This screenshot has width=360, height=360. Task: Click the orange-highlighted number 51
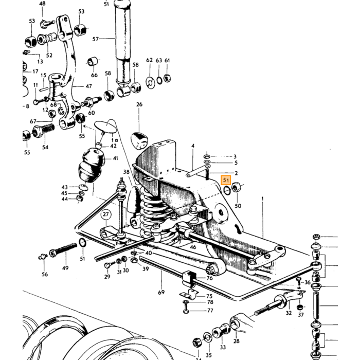point(226,180)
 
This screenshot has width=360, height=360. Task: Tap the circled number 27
point(105,214)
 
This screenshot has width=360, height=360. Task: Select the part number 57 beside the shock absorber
point(96,39)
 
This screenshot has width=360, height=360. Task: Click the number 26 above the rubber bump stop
point(139,104)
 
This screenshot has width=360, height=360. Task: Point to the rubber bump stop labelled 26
point(139,140)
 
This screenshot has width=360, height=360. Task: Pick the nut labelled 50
point(236,187)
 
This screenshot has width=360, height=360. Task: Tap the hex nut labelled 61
point(167,79)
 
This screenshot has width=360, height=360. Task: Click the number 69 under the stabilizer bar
point(161,292)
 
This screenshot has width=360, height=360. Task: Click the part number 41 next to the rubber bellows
point(115,158)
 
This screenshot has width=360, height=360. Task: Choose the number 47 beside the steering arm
point(88,86)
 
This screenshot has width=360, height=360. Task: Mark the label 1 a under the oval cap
point(115,140)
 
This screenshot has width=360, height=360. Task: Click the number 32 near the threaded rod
point(289,313)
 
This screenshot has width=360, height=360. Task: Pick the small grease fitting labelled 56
point(43,257)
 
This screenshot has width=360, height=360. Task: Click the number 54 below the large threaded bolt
point(45,147)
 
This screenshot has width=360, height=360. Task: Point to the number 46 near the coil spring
point(193,247)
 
